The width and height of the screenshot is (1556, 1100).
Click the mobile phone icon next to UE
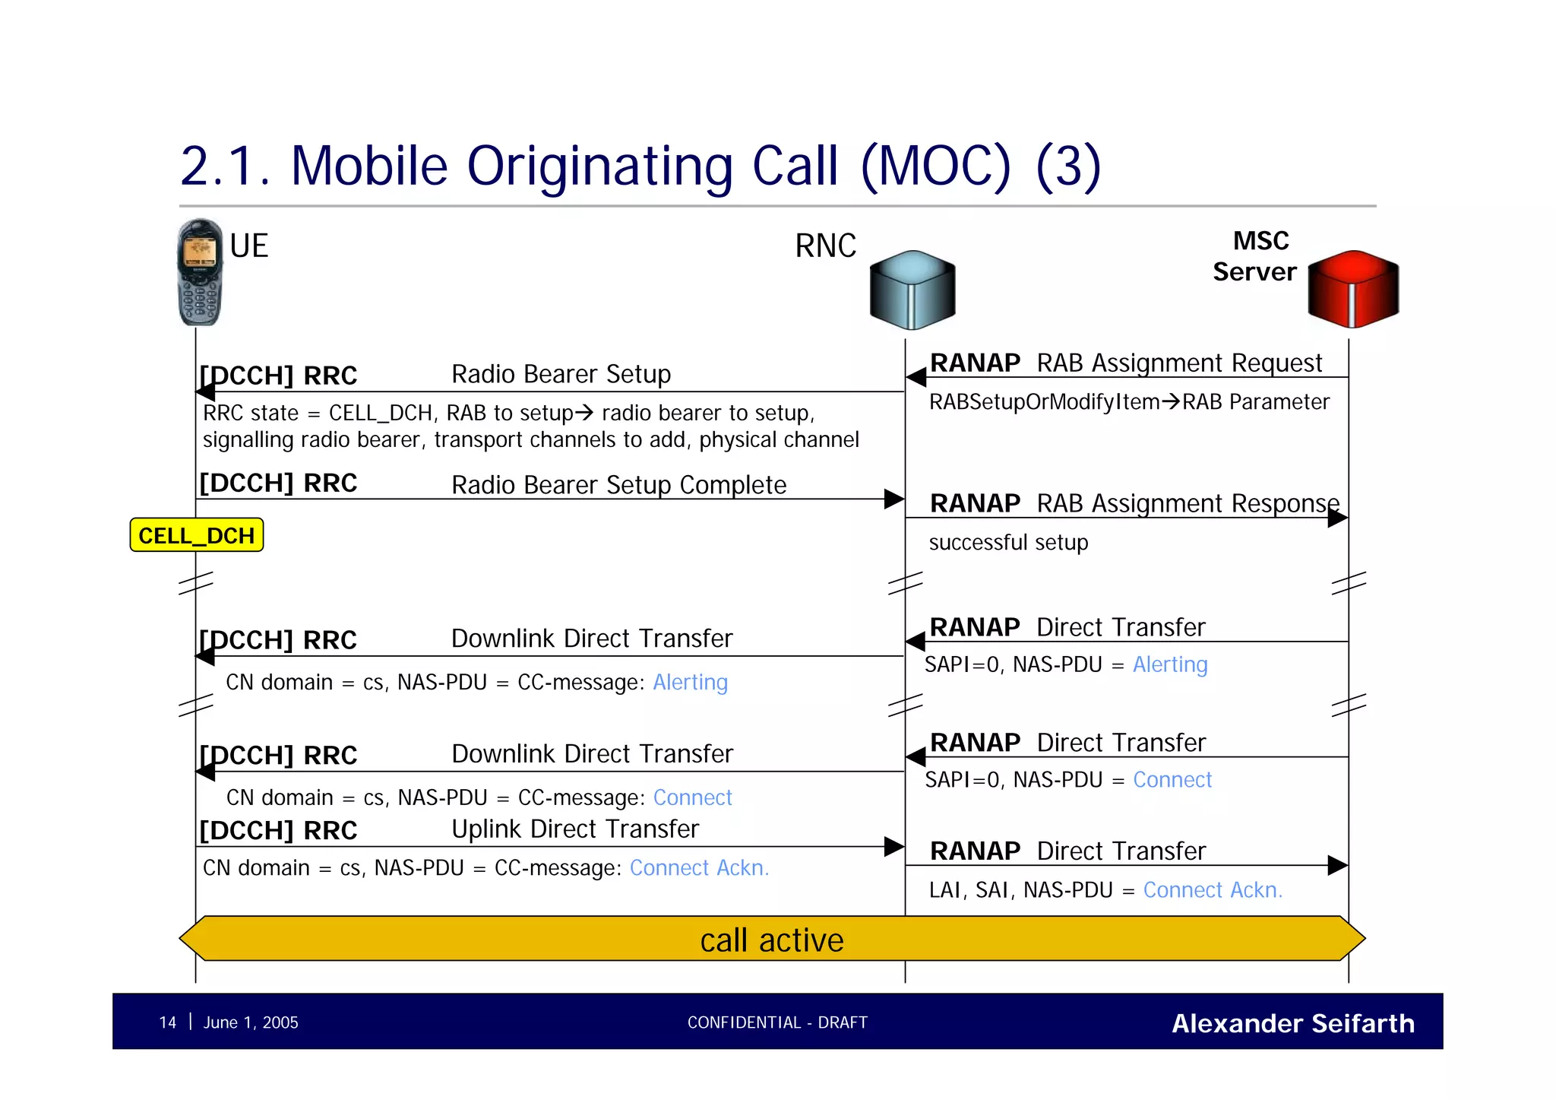click(x=200, y=272)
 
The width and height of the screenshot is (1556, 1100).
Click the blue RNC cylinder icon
click(x=912, y=290)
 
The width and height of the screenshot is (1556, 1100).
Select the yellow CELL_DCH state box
click(x=197, y=535)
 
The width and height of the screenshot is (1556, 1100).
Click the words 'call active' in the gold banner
click(x=771, y=940)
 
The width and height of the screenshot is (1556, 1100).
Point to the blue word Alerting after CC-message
click(x=690, y=682)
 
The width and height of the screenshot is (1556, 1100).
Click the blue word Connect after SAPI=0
click(x=1172, y=780)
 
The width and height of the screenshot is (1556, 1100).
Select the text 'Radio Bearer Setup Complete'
click(x=618, y=485)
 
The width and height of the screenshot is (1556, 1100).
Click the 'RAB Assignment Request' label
click(x=1179, y=363)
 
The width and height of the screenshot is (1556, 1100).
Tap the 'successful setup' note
click(x=1008, y=542)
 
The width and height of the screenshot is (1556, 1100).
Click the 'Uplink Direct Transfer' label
click(x=575, y=829)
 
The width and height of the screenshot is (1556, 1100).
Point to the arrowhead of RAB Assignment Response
click(x=1338, y=518)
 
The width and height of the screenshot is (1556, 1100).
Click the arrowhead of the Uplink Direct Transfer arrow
click(x=894, y=847)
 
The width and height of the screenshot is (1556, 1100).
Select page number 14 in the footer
click(x=168, y=1022)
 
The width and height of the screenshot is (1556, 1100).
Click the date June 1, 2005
click(x=251, y=1022)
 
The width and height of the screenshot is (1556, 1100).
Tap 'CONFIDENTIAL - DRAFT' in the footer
click(x=777, y=1022)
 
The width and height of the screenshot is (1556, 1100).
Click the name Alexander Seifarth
click(x=1292, y=1023)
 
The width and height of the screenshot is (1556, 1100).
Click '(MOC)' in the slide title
click(x=936, y=166)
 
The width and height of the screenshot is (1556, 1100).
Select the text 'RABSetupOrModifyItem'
click(x=1044, y=401)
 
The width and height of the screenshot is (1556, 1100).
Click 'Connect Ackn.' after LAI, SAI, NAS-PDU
click(x=1212, y=890)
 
